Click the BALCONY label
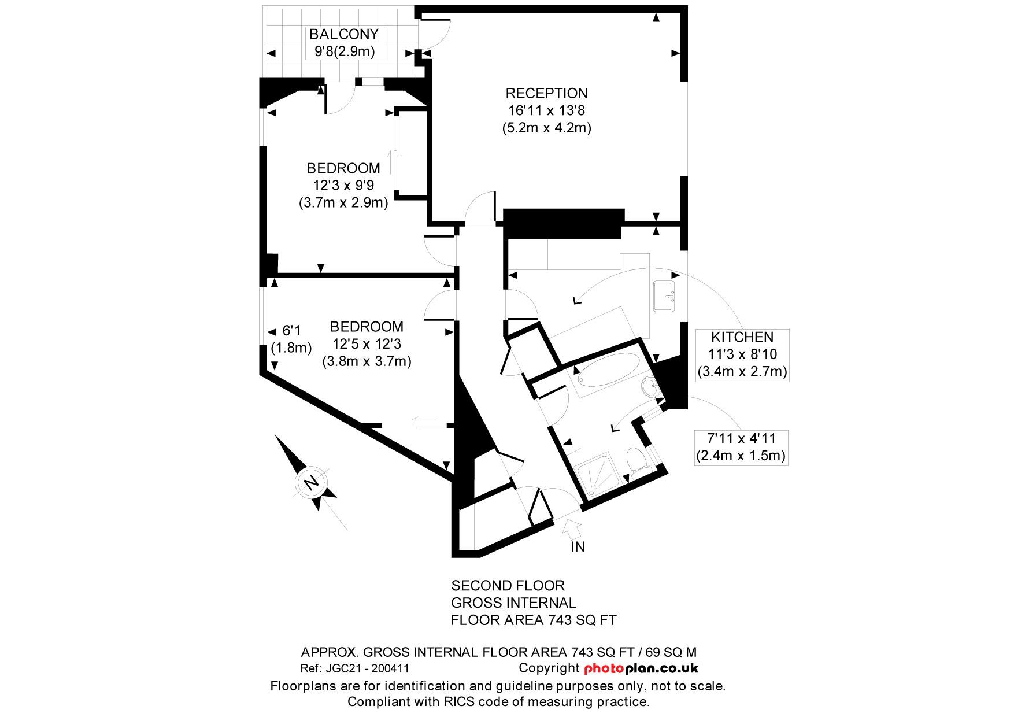344,34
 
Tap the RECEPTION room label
546,93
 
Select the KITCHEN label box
742,354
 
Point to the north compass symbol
310,482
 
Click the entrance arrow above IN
573,527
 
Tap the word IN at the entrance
578,547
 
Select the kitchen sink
665,296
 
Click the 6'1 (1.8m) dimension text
291,339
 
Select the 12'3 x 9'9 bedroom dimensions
343,186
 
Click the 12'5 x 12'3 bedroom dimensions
366,344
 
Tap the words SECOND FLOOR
508,585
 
